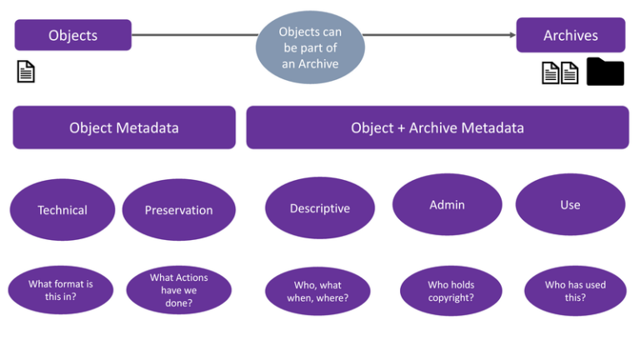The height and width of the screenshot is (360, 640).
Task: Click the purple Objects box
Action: point(72,35)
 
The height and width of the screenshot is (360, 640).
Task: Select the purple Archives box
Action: point(570,35)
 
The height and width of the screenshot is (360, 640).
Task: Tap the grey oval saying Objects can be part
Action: point(310,48)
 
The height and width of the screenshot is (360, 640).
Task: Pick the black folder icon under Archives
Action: point(605,72)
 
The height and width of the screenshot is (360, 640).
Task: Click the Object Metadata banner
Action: point(123,127)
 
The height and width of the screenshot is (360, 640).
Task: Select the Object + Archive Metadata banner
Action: point(437,127)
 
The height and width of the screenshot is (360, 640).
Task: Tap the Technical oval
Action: point(62,210)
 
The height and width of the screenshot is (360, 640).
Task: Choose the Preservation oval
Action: point(178,210)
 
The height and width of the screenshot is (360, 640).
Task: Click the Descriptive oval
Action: point(319,208)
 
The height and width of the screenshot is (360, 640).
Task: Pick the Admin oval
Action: point(447,204)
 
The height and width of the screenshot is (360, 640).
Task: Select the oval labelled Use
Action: point(570,204)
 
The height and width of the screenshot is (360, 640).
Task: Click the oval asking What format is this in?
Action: point(61,290)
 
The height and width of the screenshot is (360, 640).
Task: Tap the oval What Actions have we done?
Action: point(178,290)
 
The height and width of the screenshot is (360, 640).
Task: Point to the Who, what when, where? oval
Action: point(317,292)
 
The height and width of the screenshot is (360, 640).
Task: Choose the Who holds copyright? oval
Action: point(451,291)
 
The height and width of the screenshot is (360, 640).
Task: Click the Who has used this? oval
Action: point(575,291)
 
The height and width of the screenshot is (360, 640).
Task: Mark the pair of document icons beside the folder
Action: point(560,73)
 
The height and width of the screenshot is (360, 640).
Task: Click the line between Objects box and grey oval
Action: point(196,35)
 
